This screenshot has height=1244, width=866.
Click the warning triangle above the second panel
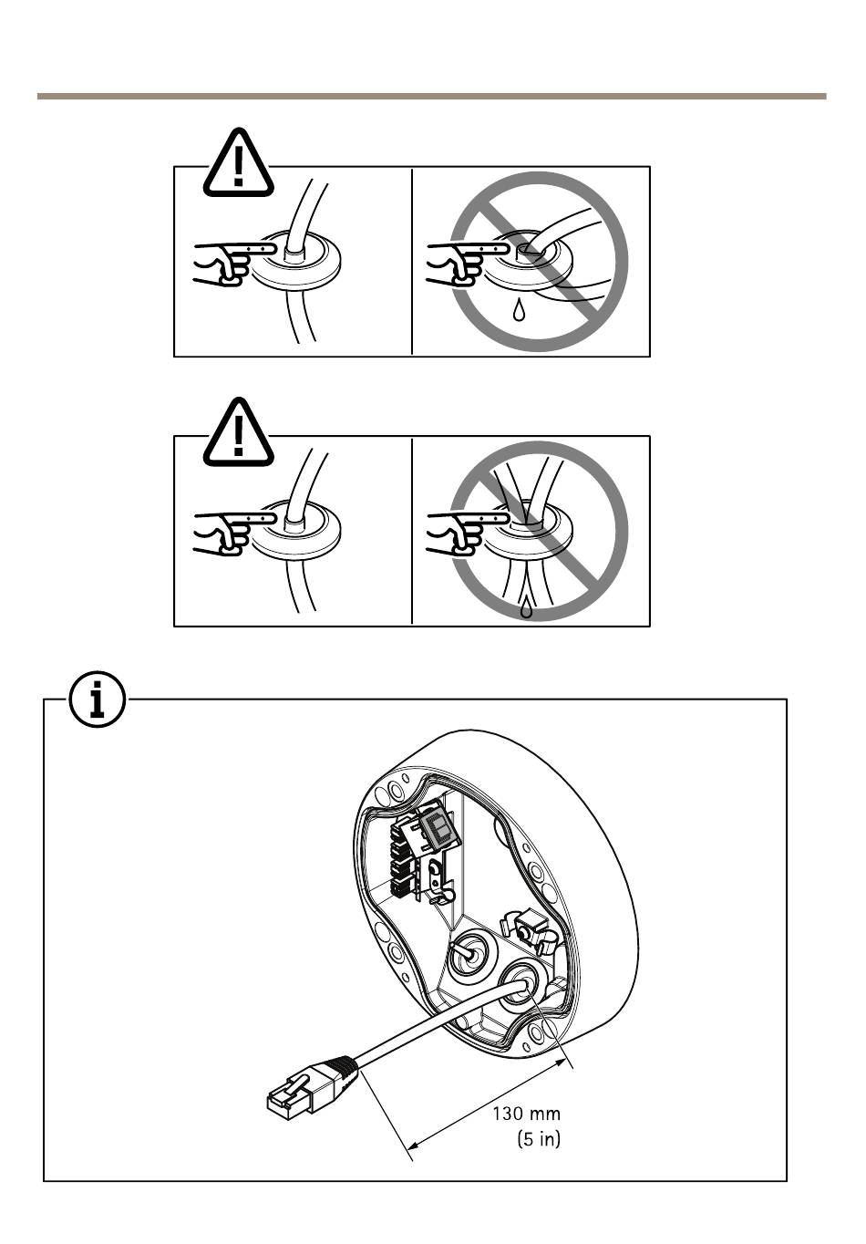[x=238, y=433]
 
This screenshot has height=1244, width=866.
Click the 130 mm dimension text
[x=526, y=1113]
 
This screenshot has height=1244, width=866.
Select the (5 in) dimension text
[x=538, y=1138]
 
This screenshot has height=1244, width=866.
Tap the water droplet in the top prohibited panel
[x=519, y=311]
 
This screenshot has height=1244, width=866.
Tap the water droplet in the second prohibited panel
[x=526, y=606]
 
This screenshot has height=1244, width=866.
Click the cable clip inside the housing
[x=533, y=930]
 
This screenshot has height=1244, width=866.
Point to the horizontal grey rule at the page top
[x=431, y=96]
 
